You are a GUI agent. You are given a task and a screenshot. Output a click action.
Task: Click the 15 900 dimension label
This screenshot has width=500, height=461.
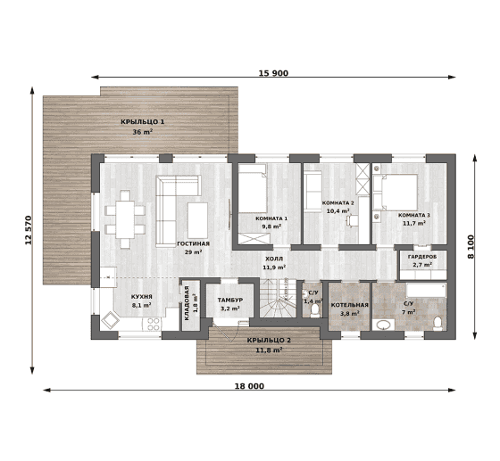(273, 73)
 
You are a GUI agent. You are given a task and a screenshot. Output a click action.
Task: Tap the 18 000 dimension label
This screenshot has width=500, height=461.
(249, 386)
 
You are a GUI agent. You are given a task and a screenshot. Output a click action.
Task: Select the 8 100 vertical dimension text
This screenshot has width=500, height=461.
(471, 247)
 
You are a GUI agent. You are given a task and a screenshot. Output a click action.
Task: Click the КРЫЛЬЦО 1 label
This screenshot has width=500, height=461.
(143, 121)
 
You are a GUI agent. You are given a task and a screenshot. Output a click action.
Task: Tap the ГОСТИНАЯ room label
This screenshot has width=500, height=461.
(193, 243)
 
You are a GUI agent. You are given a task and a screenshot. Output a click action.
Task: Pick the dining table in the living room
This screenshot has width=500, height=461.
(125, 219)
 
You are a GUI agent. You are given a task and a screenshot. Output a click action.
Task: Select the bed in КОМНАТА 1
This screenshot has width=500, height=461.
(253, 188)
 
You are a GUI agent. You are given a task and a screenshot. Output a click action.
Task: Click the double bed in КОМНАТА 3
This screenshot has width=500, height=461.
(396, 193)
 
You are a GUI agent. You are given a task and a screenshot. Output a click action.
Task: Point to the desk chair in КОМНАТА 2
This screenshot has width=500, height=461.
(353, 220)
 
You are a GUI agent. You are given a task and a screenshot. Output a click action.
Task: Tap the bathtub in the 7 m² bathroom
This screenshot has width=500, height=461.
(426, 291)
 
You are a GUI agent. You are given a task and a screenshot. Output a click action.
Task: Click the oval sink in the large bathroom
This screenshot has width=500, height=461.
(384, 325)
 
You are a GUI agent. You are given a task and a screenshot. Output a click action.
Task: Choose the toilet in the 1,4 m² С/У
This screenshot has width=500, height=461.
(315, 310)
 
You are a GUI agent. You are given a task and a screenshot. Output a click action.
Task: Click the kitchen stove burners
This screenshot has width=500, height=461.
(153, 324)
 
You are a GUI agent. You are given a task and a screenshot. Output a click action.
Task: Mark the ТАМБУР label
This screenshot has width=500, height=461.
(230, 300)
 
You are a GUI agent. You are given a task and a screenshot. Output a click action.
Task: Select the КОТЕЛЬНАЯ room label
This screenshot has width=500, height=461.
(349, 305)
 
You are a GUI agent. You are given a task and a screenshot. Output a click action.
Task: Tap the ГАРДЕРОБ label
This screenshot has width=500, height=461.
(422, 257)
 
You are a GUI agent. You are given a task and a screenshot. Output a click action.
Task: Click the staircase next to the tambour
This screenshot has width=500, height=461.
(277, 298)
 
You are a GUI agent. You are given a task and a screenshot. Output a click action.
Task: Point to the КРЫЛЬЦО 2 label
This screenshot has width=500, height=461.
(269, 341)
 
